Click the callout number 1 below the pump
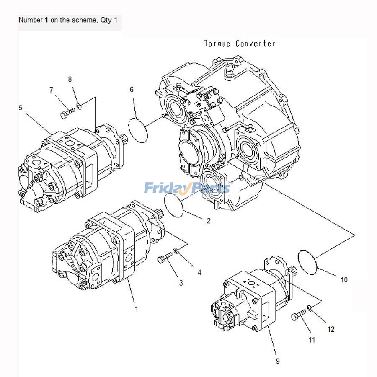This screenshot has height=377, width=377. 136,309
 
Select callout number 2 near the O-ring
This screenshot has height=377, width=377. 209,221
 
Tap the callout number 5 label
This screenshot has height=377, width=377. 21,108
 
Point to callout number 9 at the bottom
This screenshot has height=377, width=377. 278,361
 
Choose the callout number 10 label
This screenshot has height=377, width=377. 344,280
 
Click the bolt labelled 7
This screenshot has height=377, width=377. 67,112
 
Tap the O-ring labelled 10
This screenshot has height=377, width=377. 308,262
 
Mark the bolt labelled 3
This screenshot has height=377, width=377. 165,257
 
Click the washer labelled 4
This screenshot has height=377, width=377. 176,251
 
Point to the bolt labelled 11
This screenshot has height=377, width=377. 299,315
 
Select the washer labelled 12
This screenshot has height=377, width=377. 310,309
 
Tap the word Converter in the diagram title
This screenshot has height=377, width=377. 255,44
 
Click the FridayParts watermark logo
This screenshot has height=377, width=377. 187,188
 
